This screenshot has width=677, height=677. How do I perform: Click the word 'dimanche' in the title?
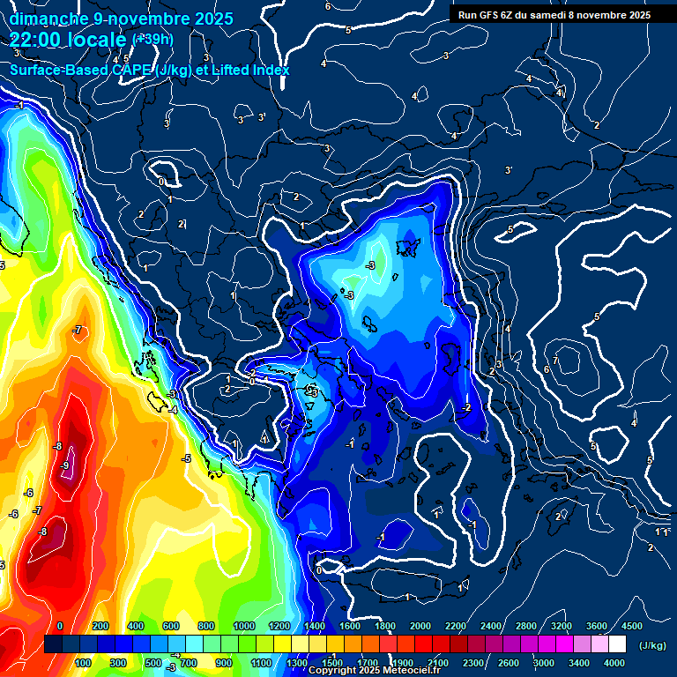pos(48,19)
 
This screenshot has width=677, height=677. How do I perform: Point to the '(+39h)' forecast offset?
pos(153,39)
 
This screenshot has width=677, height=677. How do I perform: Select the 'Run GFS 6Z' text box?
pos(554,15)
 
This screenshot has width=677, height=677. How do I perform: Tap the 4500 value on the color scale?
pos(631,626)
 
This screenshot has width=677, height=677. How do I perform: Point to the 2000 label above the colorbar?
pos(420,626)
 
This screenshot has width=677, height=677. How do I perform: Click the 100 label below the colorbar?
pos(84,663)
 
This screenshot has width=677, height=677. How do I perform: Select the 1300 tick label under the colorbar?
pos(296,663)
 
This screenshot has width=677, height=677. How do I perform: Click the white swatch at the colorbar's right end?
pos(617,645)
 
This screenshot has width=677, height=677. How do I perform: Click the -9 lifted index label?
pos(65,465)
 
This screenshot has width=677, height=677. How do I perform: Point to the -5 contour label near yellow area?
pos(186,458)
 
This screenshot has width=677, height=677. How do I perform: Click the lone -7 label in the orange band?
pos(78,331)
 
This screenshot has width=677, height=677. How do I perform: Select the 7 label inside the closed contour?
pos(556,361)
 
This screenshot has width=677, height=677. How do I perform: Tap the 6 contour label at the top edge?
pos(328,6)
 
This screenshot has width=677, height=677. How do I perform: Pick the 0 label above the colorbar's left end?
pos(60,626)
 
